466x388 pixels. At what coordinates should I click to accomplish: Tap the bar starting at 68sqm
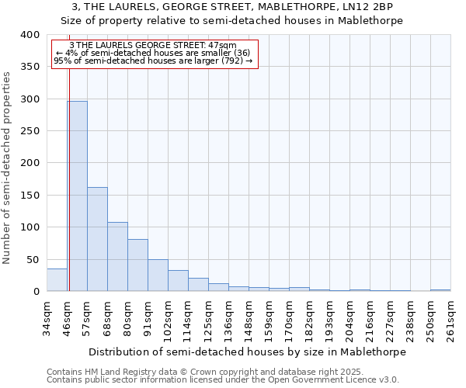tap(117, 257)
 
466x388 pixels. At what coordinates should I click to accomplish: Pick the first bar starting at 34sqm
tap(57, 280)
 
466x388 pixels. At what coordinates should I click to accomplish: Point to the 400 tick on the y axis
tap(30, 35)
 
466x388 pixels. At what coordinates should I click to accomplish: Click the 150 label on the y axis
tap(30, 196)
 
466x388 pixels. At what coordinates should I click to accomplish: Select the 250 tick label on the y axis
tap(30, 131)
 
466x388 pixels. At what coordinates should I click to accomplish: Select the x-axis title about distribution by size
tap(247, 352)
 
